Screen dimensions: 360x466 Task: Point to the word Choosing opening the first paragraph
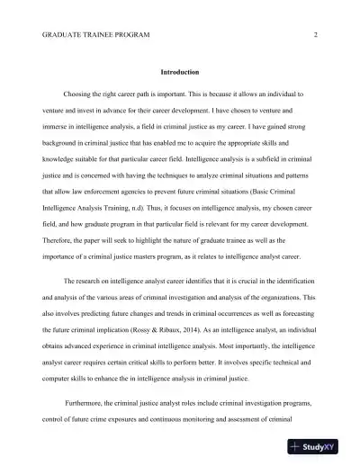pyautogui.click(x=81, y=93)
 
